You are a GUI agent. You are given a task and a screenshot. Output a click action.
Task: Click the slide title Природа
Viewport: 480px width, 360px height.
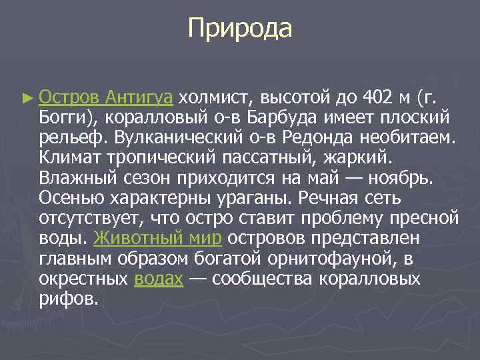click(240, 29)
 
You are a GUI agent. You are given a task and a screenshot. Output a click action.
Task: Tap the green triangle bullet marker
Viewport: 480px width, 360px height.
click(27, 98)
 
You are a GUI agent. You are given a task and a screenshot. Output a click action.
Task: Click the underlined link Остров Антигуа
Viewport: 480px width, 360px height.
click(106, 97)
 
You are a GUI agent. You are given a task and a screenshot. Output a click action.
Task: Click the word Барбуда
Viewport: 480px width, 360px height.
click(285, 118)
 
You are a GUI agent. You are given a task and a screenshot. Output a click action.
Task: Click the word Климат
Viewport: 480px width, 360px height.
click(69, 158)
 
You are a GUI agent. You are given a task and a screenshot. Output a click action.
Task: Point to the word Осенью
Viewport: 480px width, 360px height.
click(70, 198)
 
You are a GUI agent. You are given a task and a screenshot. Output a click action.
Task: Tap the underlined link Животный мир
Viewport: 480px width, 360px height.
click(158, 238)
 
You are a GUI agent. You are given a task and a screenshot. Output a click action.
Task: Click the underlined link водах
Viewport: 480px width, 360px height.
click(158, 278)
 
